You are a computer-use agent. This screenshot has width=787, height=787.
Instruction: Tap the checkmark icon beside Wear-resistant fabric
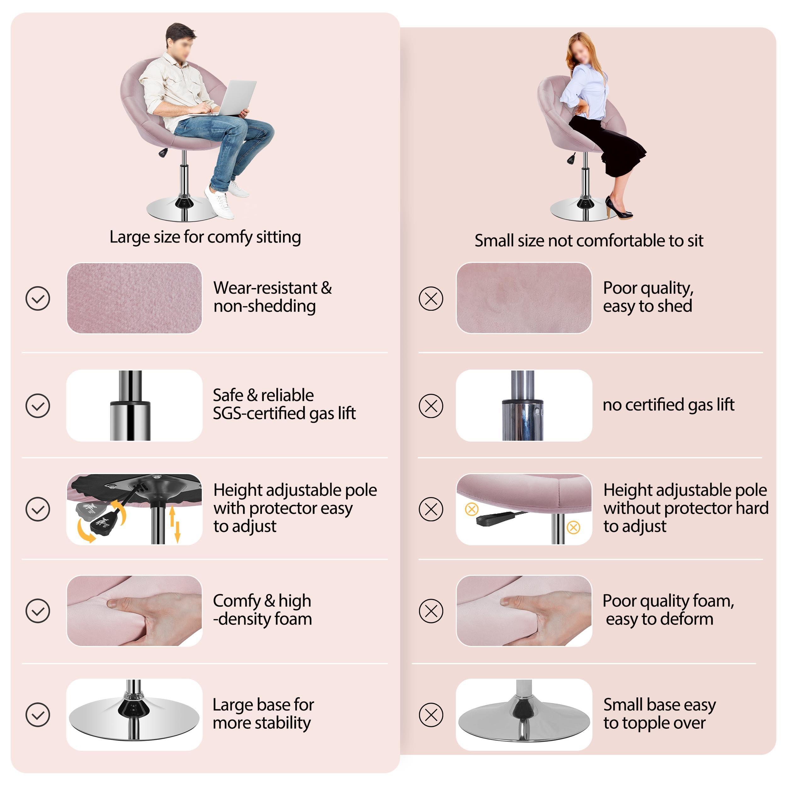pyautogui.click(x=38, y=298)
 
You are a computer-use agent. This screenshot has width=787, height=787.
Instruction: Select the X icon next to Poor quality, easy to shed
pyautogui.click(x=431, y=298)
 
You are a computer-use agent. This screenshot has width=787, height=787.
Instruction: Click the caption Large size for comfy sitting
pyautogui.click(x=205, y=237)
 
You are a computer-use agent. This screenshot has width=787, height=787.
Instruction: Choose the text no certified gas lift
pyautogui.click(x=668, y=405)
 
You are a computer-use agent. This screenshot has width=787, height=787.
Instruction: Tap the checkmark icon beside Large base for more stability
pyautogui.click(x=38, y=715)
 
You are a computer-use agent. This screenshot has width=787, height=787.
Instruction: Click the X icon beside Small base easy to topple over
pyautogui.click(x=431, y=715)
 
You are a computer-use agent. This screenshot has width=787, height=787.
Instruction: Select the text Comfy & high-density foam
pyautogui.click(x=262, y=610)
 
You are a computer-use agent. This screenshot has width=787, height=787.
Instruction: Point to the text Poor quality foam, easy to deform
pyautogui.click(x=668, y=610)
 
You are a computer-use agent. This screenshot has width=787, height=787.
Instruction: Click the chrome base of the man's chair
pyautogui.click(x=184, y=209)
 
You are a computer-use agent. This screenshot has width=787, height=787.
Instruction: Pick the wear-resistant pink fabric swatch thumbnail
pyautogui.click(x=134, y=298)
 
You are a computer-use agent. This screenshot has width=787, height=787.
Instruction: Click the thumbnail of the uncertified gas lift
pyautogui.click(x=524, y=405)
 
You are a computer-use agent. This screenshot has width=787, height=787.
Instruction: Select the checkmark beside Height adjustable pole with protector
pyautogui.click(x=38, y=509)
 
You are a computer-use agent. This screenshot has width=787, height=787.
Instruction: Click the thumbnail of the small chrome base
pyautogui.click(x=524, y=715)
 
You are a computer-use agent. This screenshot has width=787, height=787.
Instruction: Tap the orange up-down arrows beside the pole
pyautogui.click(x=175, y=524)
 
